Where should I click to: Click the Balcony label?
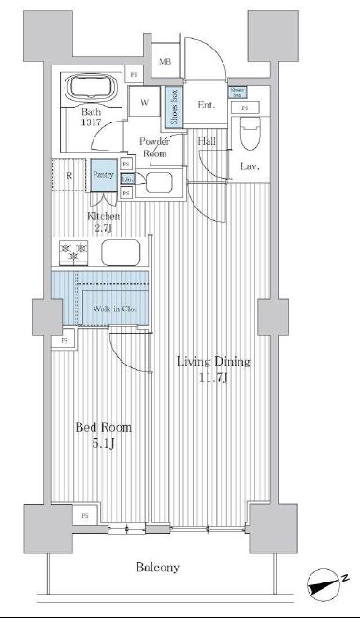click(157, 568)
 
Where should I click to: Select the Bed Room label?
click(103, 435)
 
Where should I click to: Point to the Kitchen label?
click(104, 222)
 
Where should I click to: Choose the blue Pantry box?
click(102, 175)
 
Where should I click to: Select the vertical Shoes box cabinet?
click(175, 107)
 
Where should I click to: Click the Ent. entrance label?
click(207, 105)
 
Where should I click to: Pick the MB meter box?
click(165, 62)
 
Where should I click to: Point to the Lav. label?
click(249, 166)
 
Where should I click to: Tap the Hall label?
click(207, 141)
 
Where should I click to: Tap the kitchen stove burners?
click(73, 252)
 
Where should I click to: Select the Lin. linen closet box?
click(126, 179)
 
